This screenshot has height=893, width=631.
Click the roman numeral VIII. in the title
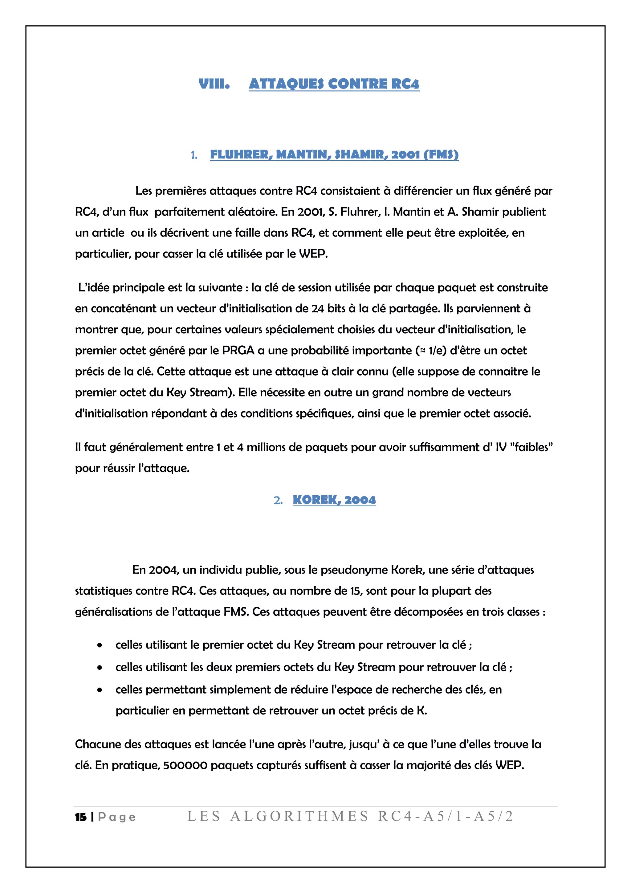click(214, 84)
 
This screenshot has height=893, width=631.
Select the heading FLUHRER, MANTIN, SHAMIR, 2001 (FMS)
click(334, 154)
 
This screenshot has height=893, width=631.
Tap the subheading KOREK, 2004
click(334, 500)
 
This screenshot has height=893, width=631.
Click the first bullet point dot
click(100, 646)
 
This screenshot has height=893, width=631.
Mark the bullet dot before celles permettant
click(100, 690)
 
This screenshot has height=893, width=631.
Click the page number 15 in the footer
click(81, 817)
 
